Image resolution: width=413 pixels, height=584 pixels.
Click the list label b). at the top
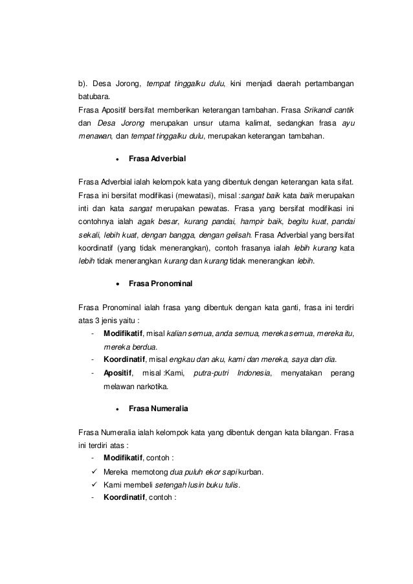(x=83, y=83)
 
